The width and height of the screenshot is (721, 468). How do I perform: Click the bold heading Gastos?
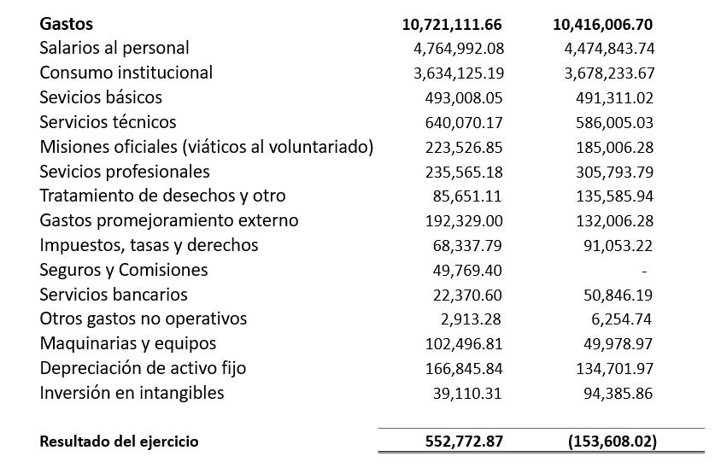tap(66, 24)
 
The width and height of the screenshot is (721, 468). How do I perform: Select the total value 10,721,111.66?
tap(452, 24)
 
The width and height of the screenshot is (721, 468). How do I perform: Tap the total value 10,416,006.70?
tap(603, 24)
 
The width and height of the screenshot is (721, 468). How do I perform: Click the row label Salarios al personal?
tap(114, 49)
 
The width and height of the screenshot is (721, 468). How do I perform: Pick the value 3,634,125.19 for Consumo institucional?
tap(458, 73)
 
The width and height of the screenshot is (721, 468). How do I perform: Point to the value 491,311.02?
tap(614, 98)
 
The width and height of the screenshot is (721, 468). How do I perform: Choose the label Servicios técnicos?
tap(108, 122)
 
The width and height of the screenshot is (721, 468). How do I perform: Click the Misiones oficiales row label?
tap(207, 147)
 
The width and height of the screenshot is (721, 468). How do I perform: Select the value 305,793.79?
tap(614, 172)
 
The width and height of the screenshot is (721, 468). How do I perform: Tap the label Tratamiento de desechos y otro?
tap(162, 196)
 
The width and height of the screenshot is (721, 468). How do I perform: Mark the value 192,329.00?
tap(464, 221)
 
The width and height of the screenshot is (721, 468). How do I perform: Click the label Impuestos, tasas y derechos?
tap(149, 246)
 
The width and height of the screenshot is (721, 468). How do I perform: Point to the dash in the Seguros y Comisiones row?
tap(644, 271)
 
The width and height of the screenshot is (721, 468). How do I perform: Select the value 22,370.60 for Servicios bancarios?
tap(468, 295)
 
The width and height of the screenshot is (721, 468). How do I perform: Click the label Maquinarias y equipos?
tap(127, 344)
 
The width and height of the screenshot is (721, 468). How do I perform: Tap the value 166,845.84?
tap(464, 369)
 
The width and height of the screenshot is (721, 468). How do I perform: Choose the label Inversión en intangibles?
tap(132, 394)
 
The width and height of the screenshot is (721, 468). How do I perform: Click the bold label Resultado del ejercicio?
tap(119, 442)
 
